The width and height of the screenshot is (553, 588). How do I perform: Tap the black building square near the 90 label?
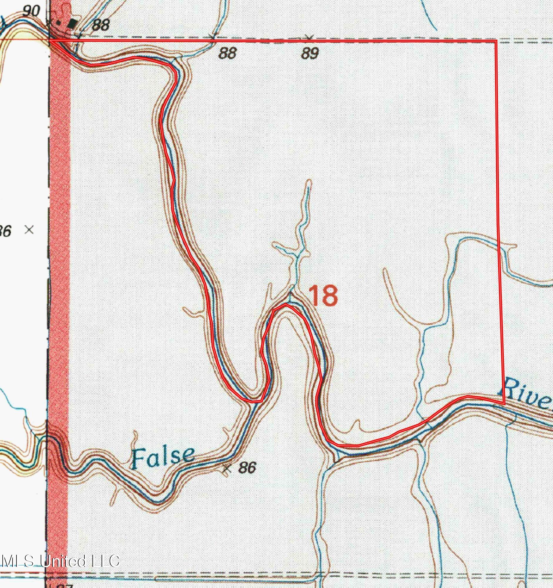71,24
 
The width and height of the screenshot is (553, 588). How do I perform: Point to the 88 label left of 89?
228,54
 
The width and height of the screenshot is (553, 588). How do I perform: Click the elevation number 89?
310,54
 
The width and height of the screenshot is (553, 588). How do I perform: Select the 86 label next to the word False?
247,468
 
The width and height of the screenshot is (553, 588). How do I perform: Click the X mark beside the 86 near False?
227,469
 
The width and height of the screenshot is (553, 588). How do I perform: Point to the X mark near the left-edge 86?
29,230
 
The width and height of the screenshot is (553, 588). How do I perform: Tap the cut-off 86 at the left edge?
5,231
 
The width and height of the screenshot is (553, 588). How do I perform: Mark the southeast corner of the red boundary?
504,403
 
